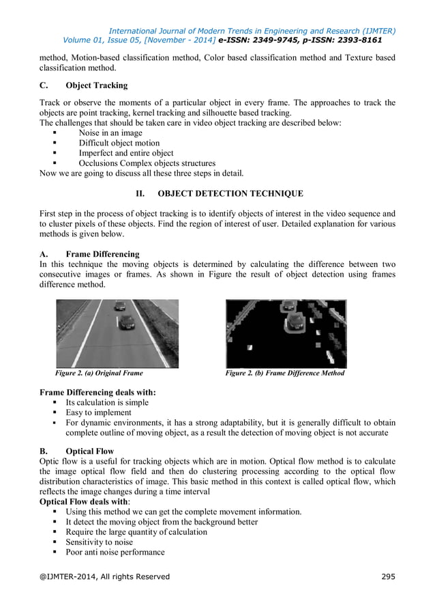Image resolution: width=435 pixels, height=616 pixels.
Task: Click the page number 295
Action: tap(388, 576)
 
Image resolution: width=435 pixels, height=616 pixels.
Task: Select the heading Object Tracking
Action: tap(96, 86)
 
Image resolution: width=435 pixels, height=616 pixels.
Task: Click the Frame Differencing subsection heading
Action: tap(102, 254)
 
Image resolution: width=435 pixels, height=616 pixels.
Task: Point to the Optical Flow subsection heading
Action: tap(89, 451)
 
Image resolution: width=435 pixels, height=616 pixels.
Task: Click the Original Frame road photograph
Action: tap(117, 333)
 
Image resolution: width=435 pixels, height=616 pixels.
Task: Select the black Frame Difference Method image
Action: tap(286, 333)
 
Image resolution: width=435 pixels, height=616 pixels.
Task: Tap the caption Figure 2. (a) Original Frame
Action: tap(99, 374)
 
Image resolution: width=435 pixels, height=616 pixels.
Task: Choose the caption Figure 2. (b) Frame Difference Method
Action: tap(285, 374)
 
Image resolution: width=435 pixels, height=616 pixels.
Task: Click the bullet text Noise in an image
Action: tap(110, 133)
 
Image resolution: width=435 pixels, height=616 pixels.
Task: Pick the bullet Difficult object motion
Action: tap(119, 143)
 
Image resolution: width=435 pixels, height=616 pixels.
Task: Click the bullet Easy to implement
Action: tap(98, 412)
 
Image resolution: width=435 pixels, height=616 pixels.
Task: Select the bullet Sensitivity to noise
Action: tap(100, 542)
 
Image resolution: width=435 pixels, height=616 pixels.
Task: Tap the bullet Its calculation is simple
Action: tap(107, 403)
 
